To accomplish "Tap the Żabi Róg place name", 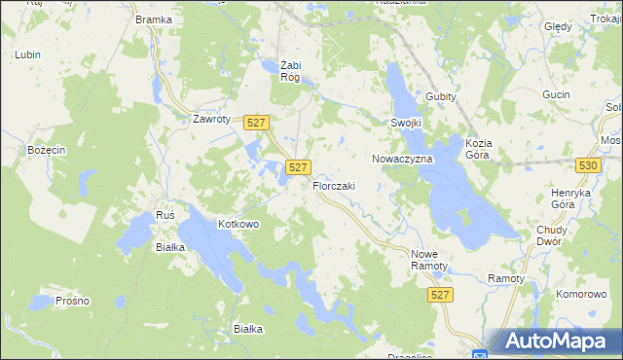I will point(289,71).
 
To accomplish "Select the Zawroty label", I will point(211,120).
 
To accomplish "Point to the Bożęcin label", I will point(46,150).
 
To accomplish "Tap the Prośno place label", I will point(73,301).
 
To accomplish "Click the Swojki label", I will point(406,124).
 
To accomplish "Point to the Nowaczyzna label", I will point(402,158).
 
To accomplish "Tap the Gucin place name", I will point(557,94).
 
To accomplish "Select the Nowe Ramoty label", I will point(428,259).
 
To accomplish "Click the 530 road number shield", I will point(587,166).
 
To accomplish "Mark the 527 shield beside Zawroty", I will point(256,122).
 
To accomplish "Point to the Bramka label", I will point(154,19).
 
